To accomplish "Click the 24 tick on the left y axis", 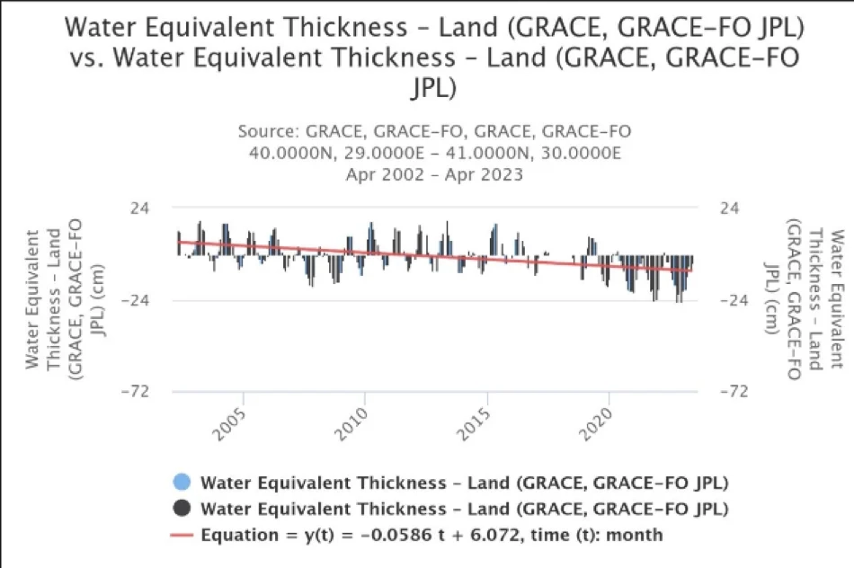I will coord(140,208).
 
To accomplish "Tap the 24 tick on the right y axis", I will coord(732,208).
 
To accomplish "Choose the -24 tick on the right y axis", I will coord(736,300).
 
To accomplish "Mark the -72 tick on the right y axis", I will coord(736,392).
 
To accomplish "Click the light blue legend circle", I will coord(182,483).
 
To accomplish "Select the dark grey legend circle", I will coord(182,509).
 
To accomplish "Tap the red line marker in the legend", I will coord(182,536).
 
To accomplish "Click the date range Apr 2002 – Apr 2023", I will coord(434,174).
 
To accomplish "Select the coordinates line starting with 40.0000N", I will coord(434,153).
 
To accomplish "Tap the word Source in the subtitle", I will coord(269,132).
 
